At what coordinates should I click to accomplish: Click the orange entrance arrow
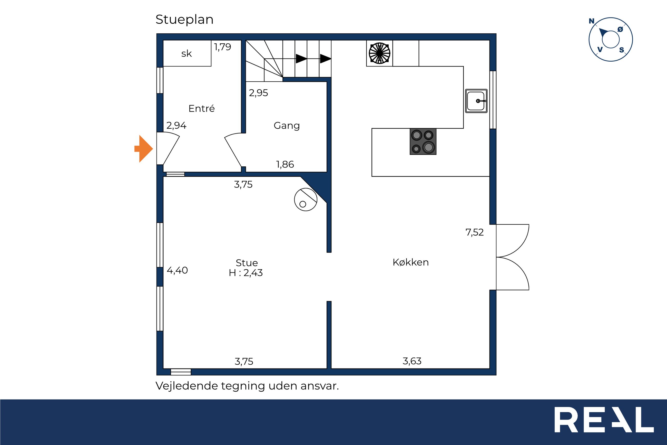click(x=144, y=149)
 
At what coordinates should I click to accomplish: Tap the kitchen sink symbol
click(x=476, y=101)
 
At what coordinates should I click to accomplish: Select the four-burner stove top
click(x=423, y=141)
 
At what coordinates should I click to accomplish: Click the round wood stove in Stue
click(x=306, y=200)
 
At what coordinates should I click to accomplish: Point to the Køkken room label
click(x=410, y=262)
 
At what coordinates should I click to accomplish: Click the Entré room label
click(x=202, y=108)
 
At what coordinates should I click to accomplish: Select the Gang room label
click(x=287, y=126)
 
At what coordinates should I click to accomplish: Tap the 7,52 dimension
click(x=475, y=232)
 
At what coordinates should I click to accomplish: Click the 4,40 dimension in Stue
click(x=177, y=270)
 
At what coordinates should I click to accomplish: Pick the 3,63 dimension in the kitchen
click(x=412, y=361)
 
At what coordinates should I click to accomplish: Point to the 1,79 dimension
click(x=222, y=47)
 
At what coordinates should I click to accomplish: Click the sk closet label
click(x=187, y=53)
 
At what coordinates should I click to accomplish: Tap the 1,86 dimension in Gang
click(x=285, y=164)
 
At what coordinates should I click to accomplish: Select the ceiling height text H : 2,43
click(x=246, y=273)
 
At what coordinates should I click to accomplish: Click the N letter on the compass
click(x=591, y=21)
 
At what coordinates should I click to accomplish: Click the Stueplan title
click(x=184, y=20)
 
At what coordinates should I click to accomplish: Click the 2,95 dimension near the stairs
click(x=259, y=93)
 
